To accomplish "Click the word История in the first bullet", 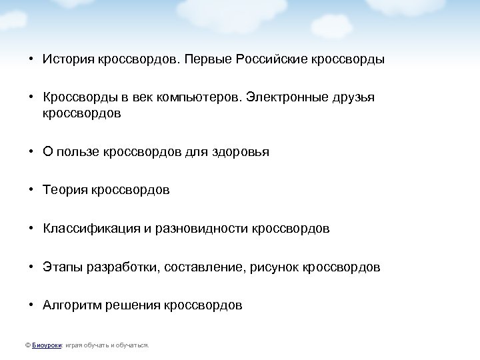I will click(65, 59).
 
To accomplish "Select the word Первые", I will click(194, 59).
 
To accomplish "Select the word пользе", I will click(79, 152).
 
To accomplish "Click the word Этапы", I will click(60, 267).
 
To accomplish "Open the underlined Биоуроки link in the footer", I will click(46, 345).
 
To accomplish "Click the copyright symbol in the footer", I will click(27, 345).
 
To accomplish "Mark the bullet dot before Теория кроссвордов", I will click(31, 191).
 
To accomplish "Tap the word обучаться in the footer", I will click(133, 345).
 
